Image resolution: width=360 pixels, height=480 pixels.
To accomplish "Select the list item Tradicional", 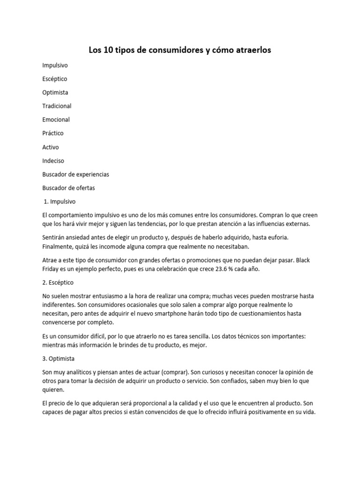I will click(x=57, y=106).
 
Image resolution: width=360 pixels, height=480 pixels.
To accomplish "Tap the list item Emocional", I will click(x=56, y=120).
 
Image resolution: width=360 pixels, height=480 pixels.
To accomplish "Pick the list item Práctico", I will click(x=52, y=133).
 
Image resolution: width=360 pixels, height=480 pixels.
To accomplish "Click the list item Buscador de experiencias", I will click(x=75, y=174).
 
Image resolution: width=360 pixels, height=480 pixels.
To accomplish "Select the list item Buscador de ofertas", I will click(x=68, y=187).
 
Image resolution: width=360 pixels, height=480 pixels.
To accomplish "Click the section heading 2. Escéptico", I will click(x=59, y=283).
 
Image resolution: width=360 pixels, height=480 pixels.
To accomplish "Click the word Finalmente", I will click(x=59, y=246).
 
